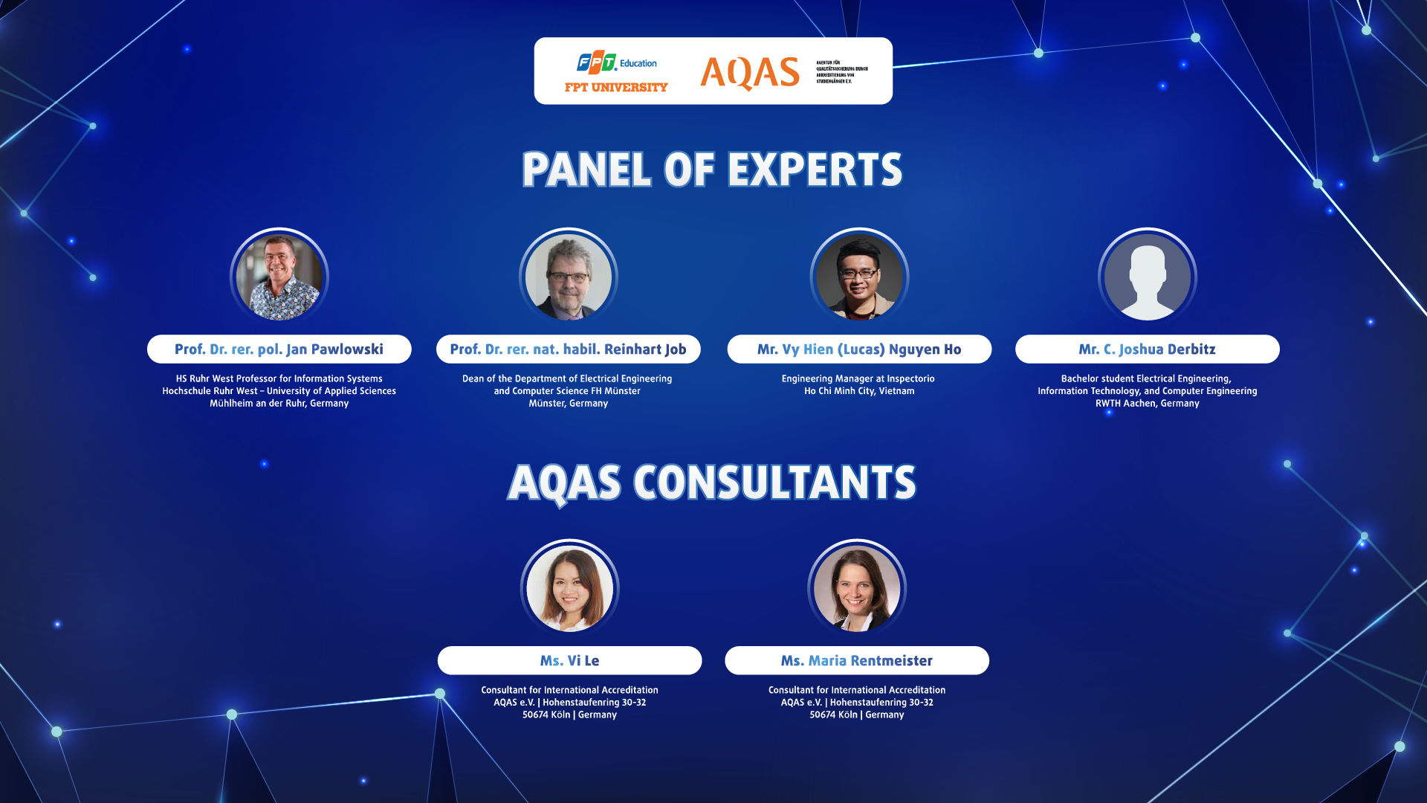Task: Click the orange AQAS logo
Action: coord(749,73)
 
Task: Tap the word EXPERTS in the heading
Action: coord(815,170)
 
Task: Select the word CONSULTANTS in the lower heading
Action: coord(774,483)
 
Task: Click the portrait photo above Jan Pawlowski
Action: coord(279,277)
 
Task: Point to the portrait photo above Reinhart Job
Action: coord(569,277)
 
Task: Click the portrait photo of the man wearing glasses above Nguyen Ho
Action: coord(859,277)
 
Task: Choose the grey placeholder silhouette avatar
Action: coord(1148,277)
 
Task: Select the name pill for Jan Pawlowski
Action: coord(279,349)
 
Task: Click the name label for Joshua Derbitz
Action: coord(1147,349)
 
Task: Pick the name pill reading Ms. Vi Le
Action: coord(569,661)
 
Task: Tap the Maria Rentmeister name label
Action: coord(857,661)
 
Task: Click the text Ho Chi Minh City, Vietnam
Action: coord(859,391)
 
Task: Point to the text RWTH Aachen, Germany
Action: coord(1147,404)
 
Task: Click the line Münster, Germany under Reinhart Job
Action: coord(569,404)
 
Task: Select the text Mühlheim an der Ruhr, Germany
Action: coord(279,404)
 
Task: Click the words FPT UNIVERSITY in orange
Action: coord(616,88)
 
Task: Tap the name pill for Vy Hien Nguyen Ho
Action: coord(859,349)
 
